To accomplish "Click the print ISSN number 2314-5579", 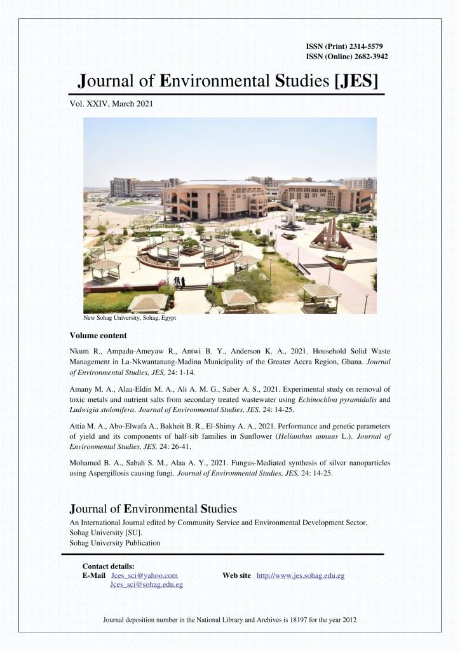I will point(363,46).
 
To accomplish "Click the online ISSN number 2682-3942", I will point(367,57).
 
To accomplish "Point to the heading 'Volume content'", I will point(98,335).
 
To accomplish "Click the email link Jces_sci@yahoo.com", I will point(144,575).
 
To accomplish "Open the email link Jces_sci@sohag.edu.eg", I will point(146,584).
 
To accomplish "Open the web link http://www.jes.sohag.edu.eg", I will point(300,575).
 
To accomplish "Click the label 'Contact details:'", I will point(108,566).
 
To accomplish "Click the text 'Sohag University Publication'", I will point(115,543).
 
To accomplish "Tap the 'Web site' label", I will point(236,575).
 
